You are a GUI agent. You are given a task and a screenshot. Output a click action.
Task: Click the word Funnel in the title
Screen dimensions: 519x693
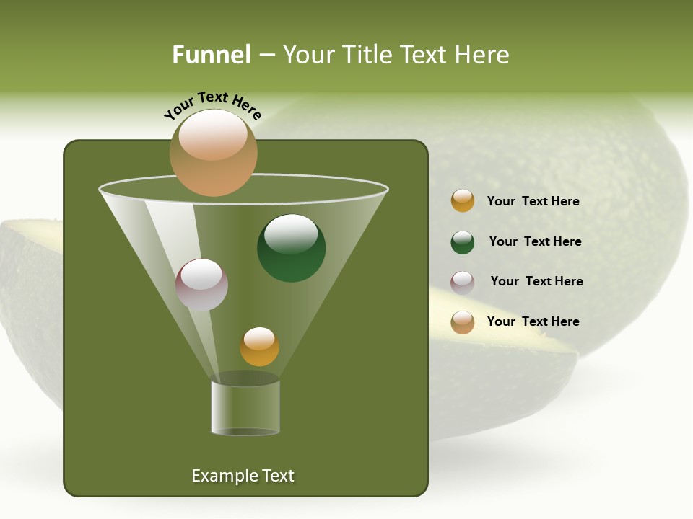coord(212,55)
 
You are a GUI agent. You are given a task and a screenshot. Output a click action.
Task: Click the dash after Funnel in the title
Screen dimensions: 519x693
coord(266,55)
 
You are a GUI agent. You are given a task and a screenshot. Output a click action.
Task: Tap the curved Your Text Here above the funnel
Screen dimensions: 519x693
coord(212,104)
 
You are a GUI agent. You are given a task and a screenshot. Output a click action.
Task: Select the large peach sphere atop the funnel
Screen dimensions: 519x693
coord(213,152)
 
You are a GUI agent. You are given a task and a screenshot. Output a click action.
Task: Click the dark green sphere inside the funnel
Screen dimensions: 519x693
coord(291,248)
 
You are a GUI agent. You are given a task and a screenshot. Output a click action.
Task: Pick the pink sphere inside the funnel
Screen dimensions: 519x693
coord(201,284)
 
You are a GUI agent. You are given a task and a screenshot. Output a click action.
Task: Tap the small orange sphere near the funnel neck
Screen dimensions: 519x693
coord(259,346)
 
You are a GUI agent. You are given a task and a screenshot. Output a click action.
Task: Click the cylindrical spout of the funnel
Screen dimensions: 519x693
coord(245,407)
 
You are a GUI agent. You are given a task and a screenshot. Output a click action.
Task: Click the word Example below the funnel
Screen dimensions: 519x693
coord(220,476)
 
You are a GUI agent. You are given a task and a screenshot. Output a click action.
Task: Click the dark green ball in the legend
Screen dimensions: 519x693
coord(463,243)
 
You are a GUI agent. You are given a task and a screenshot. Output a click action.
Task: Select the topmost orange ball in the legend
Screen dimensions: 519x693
coord(463,201)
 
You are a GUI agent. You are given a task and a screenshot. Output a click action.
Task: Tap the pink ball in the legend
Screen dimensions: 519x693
coord(463,283)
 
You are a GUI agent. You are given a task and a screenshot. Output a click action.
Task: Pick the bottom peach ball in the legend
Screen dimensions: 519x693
coord(463,322)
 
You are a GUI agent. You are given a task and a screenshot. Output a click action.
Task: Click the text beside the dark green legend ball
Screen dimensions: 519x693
coord(535,241)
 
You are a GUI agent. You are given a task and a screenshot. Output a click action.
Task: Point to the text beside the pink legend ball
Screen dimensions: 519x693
coord(536,281)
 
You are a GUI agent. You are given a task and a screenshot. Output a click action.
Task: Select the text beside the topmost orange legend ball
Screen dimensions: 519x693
coord(533,201)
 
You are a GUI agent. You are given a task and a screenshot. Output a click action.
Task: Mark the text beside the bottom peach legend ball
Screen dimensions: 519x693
coord(533,321)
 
